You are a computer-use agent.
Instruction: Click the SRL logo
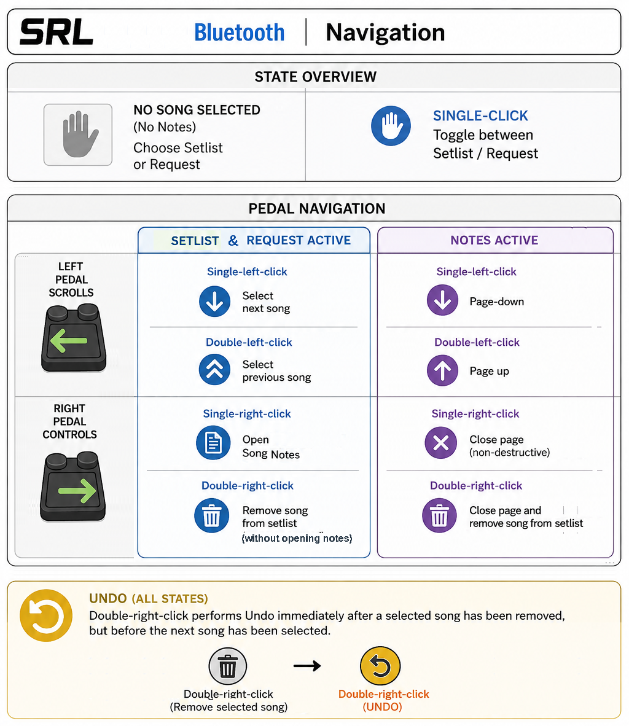57,32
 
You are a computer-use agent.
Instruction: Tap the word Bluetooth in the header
239,33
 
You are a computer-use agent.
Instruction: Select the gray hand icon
78,135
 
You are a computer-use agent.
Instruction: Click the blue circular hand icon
391,126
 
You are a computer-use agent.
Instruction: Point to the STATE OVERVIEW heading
316,77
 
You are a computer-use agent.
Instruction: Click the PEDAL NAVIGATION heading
317,209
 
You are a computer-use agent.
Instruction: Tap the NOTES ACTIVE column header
494,240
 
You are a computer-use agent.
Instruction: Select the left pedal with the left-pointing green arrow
74,338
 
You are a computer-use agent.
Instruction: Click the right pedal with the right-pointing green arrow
72,487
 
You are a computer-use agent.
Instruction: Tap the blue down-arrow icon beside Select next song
214,302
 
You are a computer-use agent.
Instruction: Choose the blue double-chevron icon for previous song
214,370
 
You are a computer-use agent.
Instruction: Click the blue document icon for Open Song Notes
213,443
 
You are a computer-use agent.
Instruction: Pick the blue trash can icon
212,515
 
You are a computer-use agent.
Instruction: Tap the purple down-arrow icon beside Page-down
442,300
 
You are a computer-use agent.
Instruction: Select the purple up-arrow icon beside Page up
442,370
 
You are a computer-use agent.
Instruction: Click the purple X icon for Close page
441,443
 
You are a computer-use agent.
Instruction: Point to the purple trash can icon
440,515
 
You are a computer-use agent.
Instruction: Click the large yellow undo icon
46,615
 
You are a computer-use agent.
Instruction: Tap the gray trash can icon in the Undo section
227,666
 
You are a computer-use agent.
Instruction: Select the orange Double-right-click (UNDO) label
383,701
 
